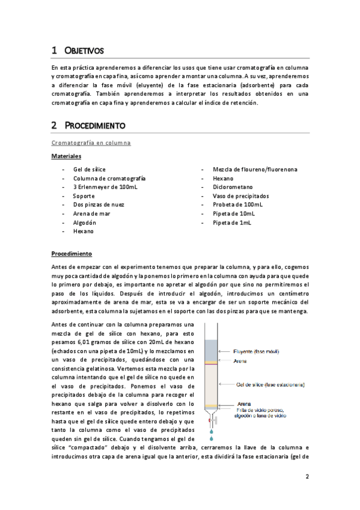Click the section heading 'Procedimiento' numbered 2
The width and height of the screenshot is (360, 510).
coord(94,126)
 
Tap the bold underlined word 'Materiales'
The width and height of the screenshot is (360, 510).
coord(66,156)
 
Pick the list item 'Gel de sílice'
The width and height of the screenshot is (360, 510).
coord(89,170)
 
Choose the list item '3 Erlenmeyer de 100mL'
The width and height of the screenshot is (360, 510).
coord(105,187)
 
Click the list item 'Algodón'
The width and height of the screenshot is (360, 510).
coord(85,222)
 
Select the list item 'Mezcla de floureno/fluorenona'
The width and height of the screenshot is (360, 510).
coord(255,170)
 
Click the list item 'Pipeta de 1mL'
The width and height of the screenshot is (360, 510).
coord(232,222)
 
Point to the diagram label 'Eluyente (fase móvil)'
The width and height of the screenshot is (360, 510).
coord(261,351)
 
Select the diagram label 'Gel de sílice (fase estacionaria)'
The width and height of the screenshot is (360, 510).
coord(270,384)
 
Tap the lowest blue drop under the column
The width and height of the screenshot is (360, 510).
coord(211,431)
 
